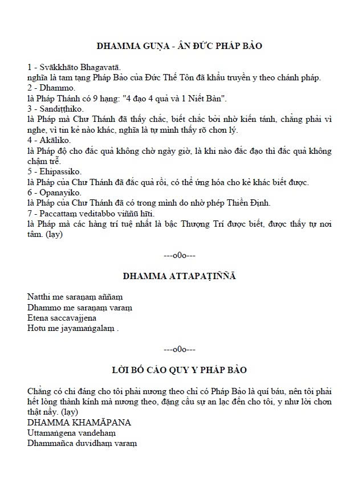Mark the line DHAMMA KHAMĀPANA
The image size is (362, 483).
pyautogui.click(x=79, y=423)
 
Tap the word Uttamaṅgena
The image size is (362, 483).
pyautogui.click(x=52, y=433)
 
